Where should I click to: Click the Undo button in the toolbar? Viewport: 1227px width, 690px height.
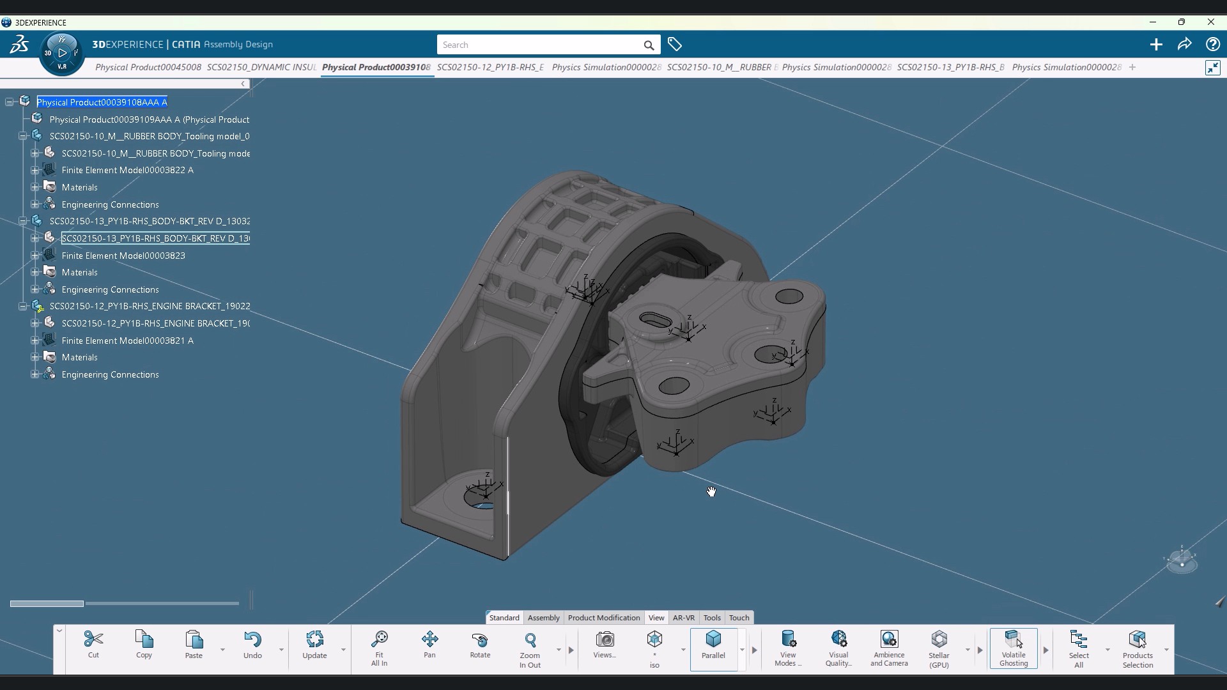tap(252, 644)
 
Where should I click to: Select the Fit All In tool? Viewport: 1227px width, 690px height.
tap(379, 647)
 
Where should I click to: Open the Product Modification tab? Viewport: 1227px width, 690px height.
tap(603, 618)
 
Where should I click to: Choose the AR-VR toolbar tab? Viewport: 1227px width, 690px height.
tap(683, 618)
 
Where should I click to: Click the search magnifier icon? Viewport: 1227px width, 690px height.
tap(649, 45)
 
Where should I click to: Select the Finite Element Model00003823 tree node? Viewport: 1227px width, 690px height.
tap(123, 256)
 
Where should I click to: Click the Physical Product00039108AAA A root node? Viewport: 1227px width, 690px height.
tap(102, 102)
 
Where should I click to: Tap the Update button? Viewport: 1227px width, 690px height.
tap(314, 644)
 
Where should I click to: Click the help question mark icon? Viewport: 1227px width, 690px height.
tap(1212, 44)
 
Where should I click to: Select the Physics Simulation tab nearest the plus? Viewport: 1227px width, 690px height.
tap(1066, 67)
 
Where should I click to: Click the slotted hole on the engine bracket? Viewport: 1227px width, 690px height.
tap(655, 319)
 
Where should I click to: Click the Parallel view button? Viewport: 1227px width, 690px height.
tap(713, 644)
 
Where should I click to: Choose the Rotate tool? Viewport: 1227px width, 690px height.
tap(480, 644)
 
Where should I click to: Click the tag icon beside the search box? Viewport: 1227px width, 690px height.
tap(675, 44)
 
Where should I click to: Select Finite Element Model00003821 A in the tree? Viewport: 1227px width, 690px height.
tap(127, 341)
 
